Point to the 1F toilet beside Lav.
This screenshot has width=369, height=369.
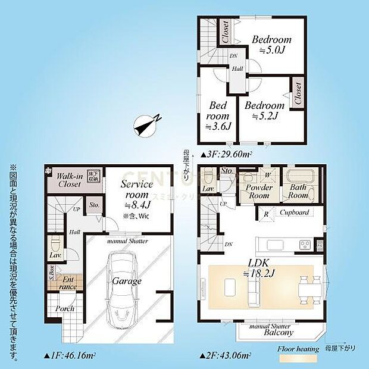(55, 243)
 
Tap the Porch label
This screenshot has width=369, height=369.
(65, 309)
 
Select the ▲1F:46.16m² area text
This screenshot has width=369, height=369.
(70, 356)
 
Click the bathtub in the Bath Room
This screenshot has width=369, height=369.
(299, 177)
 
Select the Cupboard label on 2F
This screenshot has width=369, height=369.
(293, 212)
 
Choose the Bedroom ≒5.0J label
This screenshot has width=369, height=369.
(271, 45)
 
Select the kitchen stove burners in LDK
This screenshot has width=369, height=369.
(305, 245)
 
